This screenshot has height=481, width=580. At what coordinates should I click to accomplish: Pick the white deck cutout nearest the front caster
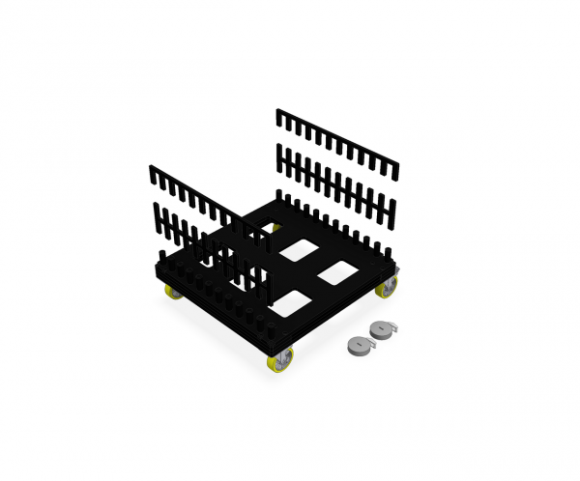[x=293, y=302]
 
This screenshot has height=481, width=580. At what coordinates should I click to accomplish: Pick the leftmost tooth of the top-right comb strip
[x=279, y=117]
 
